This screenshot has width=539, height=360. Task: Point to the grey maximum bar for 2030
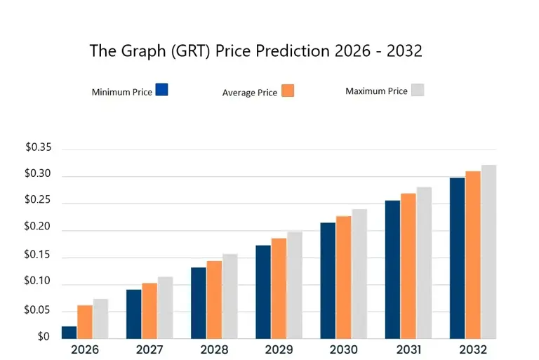point(359,274)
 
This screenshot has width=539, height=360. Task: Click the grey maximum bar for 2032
point(488,253)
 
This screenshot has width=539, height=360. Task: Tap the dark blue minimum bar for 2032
point(458,258)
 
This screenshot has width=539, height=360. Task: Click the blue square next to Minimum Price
point(162,90)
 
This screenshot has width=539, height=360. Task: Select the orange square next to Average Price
point(288,91)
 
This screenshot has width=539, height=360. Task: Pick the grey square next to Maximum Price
point(418,90)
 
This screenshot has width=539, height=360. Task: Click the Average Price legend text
point(249,93)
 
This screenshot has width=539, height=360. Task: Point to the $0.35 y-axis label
point(39,147)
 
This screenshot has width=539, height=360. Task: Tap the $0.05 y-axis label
point(39,309)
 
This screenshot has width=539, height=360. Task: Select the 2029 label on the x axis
point(279,349)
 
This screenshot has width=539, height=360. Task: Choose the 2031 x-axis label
point(408,349)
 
